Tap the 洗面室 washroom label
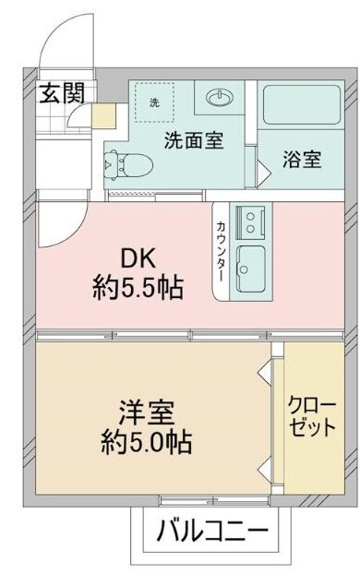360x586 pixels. tap(194, 141)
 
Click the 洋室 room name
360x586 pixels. tap(145, 408)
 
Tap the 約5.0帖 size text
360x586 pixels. tap(146, 441)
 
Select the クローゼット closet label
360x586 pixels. tap(311, 418)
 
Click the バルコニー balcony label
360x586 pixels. tap(211, 532)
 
